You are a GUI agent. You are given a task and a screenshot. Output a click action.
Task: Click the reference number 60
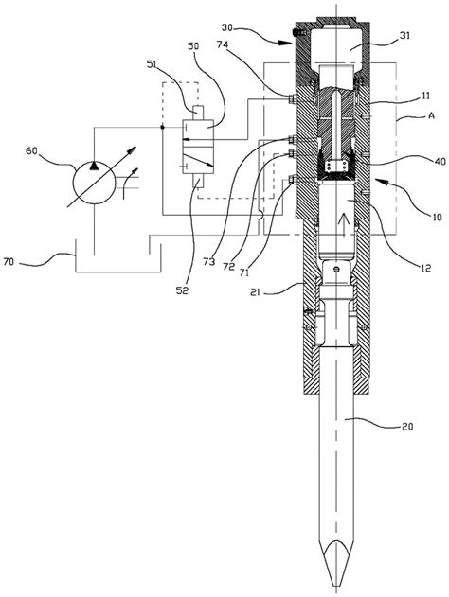click(31, 151)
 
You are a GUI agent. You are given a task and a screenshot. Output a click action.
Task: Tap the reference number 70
click(9, 262)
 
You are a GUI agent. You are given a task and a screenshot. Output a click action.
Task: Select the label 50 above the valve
click(193, 46)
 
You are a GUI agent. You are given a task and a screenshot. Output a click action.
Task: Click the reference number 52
click(182, 290)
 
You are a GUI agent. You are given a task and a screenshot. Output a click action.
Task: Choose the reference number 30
click(228, 27)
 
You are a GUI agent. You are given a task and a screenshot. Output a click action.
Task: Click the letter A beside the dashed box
click(431, 115)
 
